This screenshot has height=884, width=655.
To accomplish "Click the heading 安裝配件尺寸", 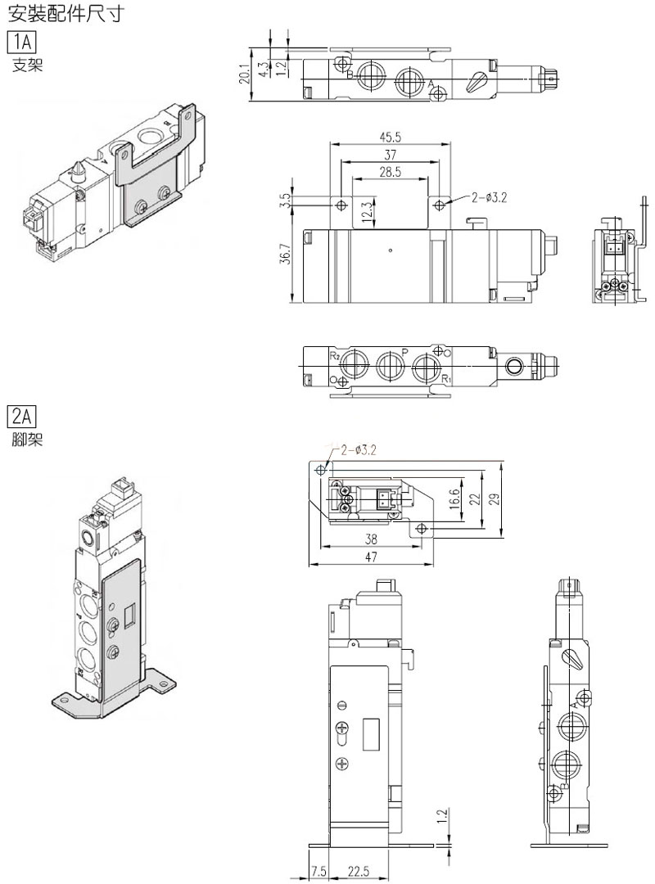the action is pyautogui.click(x=65, y=12).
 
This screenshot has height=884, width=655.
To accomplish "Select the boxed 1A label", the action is pyautogui.click(x=21, y=43).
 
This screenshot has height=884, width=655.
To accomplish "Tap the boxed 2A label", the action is pyautogui.click(x=21, y=417).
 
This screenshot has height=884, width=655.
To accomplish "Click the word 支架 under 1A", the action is pyautogui.click(x=28, y=65).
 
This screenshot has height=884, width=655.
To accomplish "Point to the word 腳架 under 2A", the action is pyautogui.click(x=28, y=440).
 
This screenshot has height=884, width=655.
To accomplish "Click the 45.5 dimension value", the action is pyautogui.click(x=391, y=137).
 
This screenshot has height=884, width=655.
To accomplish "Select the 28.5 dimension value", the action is pyautogui.click(x=390, y=172).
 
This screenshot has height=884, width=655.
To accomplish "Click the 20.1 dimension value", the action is pyautogui.click(x=244, y=74).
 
